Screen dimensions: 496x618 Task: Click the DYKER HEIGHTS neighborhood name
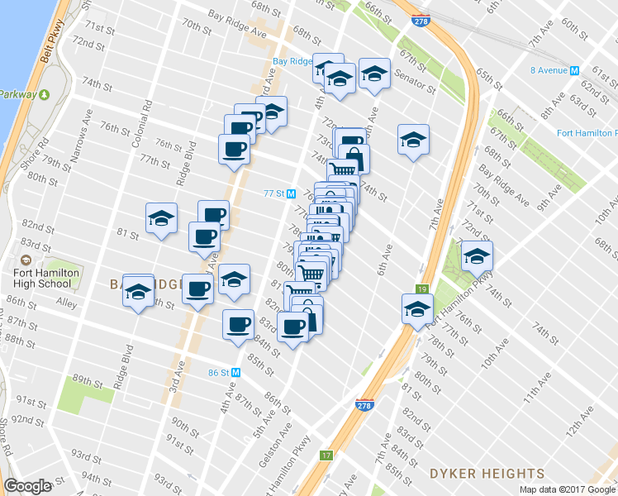click(487, 474)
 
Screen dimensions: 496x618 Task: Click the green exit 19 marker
click(421, 289)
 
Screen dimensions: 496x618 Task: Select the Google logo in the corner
click(27, 486)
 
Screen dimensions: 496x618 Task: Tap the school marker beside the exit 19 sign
click(417, 309)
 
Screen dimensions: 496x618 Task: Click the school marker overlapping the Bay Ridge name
click(139, 291)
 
